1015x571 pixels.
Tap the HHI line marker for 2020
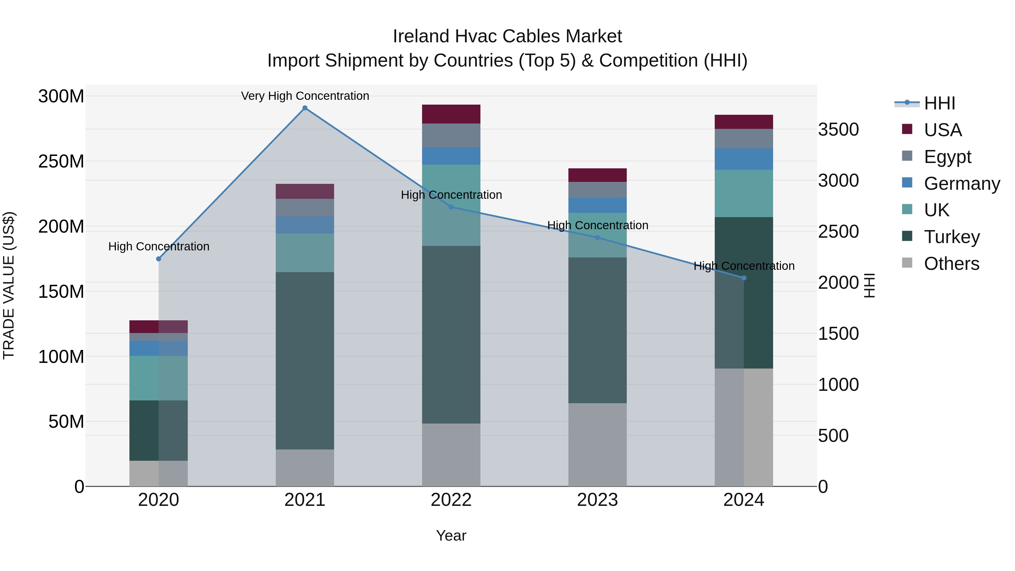tap(158, 259)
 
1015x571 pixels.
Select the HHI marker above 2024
tap(744, 278)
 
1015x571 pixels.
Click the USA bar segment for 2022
tap(451, 114)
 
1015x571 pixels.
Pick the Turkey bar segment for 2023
tap(597, 330)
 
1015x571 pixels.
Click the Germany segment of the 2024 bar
tap(744, 159)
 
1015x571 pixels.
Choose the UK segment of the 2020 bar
tap(158, 378)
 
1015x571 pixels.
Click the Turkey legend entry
tap(952, 237)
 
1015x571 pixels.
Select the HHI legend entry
tap(939, 103)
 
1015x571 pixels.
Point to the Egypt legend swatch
tap(907, 156)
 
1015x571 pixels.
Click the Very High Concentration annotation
tap(305, 96)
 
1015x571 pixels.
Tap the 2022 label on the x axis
tap(451, 500)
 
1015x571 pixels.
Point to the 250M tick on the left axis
tap(61, 162)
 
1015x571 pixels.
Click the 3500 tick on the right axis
tap(839, 130)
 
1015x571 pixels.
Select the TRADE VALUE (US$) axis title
tap(9, 285)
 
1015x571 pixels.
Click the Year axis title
tap(451, 535)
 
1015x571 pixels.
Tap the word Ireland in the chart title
tap(421, 36)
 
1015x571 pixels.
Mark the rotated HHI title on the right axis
tap(869, 285)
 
